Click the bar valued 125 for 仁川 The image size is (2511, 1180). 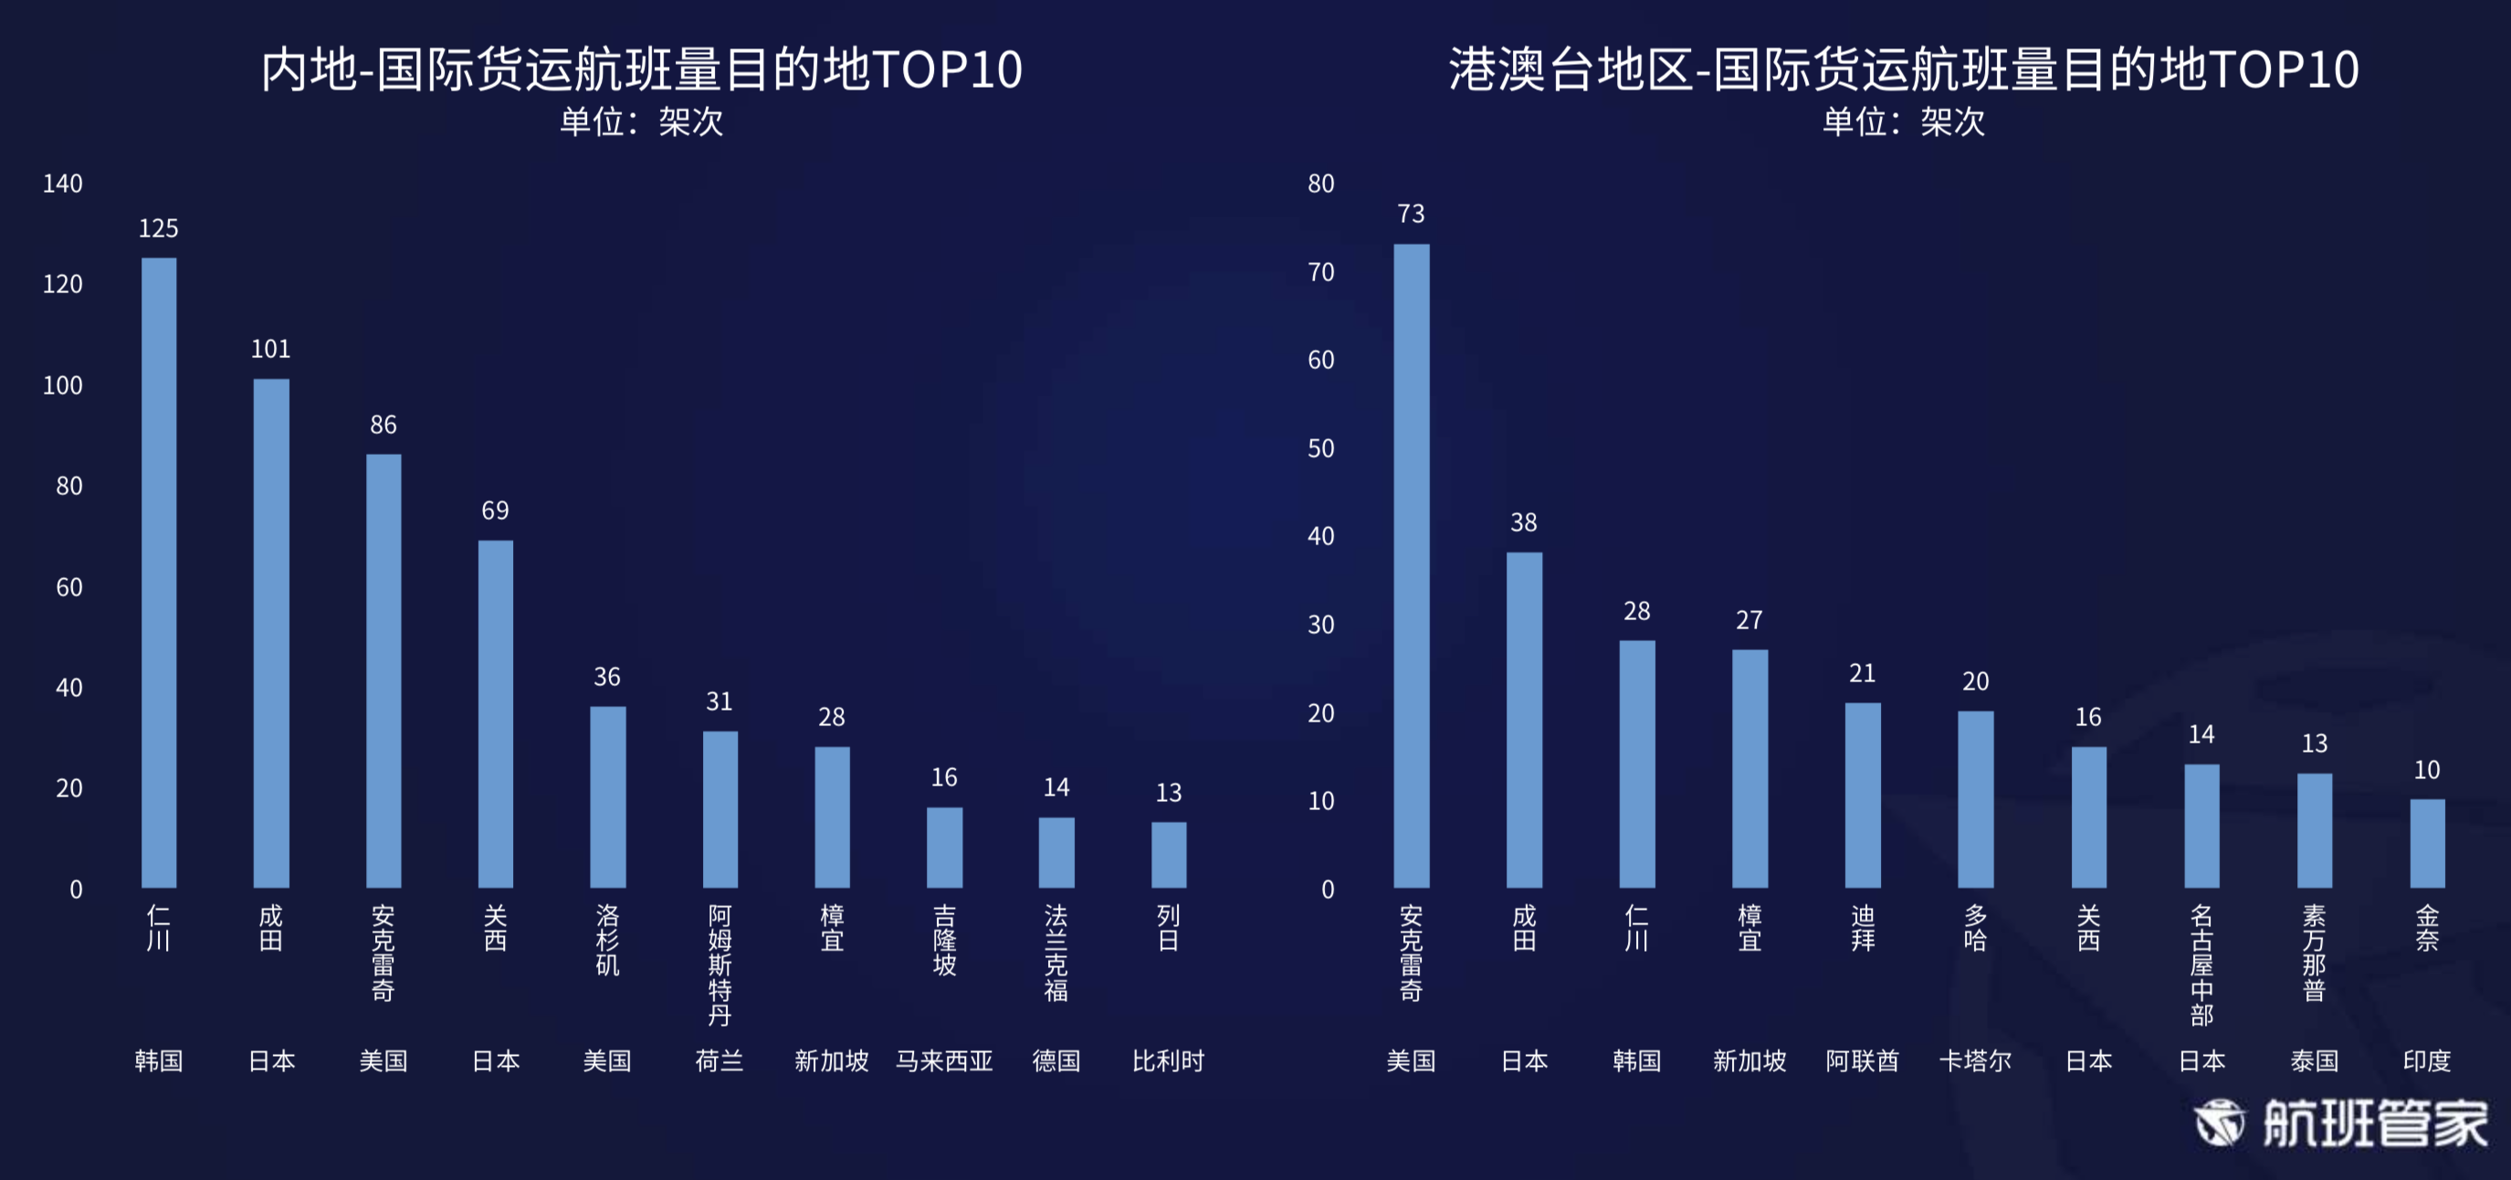click(159, 573)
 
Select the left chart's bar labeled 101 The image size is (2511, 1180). click(271, 633)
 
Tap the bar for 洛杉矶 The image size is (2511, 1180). click(607, 796)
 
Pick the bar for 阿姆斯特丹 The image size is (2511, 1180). click(720, 809)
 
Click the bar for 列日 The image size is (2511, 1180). click(1168, 854)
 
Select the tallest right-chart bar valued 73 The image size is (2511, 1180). click(1411, 565)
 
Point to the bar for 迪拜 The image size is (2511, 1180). click(1862, 795)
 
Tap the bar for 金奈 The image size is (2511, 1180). click(2426, 844)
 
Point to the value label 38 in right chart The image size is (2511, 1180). click(1524, 522)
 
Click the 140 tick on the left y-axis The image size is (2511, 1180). click(62, 184)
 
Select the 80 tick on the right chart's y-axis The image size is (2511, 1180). click(1321, 184)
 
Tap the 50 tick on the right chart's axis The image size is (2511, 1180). click(1321, 448)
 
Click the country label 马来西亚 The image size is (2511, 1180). click(943, 1061)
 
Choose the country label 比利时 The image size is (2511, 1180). click(1168, 1061)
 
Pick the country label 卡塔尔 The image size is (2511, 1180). click(1975, 1061)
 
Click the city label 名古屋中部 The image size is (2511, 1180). click(2201, 965)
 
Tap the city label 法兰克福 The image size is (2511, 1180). click(1056, 953)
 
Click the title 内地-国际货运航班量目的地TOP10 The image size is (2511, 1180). click(641, 70)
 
